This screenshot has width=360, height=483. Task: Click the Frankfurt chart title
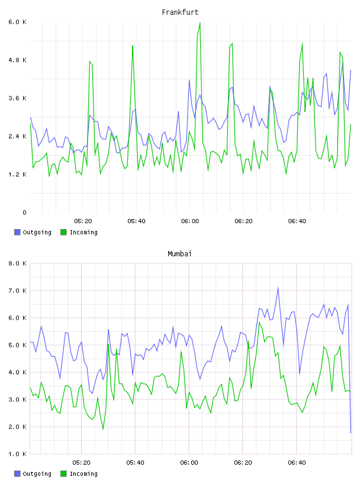[x=180, y=12]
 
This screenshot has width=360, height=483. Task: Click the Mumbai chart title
[x=179, y=254]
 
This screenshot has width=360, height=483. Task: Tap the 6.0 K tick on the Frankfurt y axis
[x=17, y=22]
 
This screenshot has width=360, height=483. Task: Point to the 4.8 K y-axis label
[x=17, y=60]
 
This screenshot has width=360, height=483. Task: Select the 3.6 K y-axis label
[x=17, y=98]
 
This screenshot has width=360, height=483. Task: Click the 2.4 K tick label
[x=17, y=137]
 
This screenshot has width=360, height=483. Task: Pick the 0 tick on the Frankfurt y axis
[x=24, y=212]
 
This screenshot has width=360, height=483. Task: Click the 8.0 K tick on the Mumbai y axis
[x=17, y=263]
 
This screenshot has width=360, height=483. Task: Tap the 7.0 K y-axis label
[x=17, y=291]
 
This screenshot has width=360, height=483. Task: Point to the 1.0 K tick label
[x=17, y=454]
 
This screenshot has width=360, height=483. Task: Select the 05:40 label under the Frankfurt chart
[x=136, y=221]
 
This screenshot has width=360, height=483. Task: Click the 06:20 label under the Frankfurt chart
[x=243, y=221]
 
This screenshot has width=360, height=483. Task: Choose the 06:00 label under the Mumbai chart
[x=189, y=463]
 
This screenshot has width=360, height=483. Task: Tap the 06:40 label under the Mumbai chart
[x=297, y=463]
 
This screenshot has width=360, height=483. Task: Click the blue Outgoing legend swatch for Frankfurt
[x=17, y=232]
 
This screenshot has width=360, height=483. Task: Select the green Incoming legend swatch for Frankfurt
[x=63, y=232]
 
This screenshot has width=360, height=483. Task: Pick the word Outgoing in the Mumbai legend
[x=37, y=474]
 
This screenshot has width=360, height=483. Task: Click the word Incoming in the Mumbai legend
[x=83, y=474]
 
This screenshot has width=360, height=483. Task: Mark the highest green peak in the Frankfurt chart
[x=200, y=22]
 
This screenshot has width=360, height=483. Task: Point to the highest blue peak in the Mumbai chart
[x=278, y=288]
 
